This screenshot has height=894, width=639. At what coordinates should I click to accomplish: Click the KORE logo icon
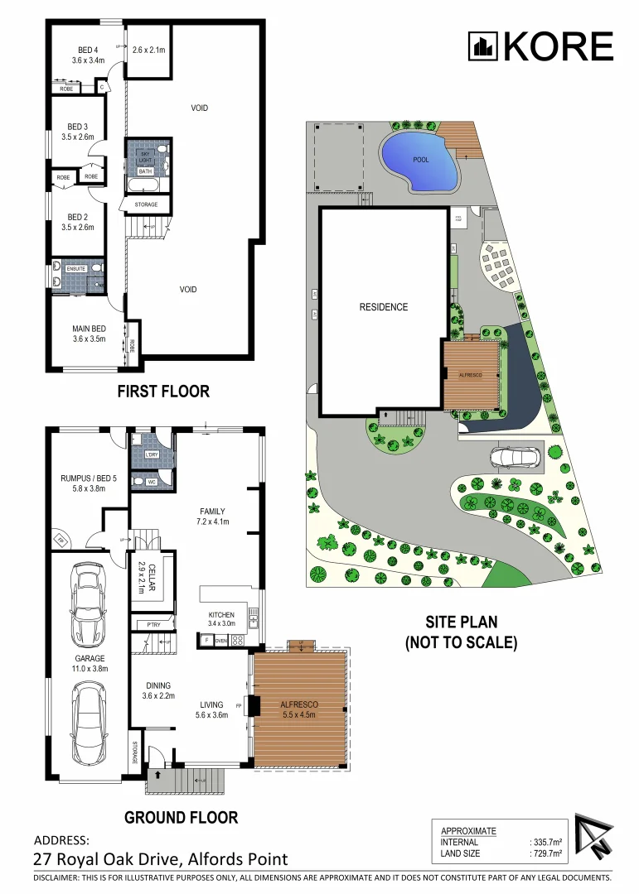[483, 46]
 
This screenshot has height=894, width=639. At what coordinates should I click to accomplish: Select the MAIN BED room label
[88, 333]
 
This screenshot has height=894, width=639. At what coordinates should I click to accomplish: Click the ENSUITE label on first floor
[76, 268]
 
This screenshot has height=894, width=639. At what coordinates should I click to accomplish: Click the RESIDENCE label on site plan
[383, 307]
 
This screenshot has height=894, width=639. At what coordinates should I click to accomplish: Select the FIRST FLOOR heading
[163, 392]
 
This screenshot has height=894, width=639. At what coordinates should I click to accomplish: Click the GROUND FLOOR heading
[181, 818]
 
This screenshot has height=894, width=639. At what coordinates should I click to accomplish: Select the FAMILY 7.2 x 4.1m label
[211, 517]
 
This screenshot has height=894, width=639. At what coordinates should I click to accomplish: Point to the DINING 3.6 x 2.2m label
[157, 690]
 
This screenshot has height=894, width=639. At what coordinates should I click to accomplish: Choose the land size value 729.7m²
[546, 853]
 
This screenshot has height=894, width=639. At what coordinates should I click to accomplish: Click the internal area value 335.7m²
[546, 842]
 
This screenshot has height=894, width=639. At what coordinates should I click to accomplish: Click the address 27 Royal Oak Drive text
[161, 859]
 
